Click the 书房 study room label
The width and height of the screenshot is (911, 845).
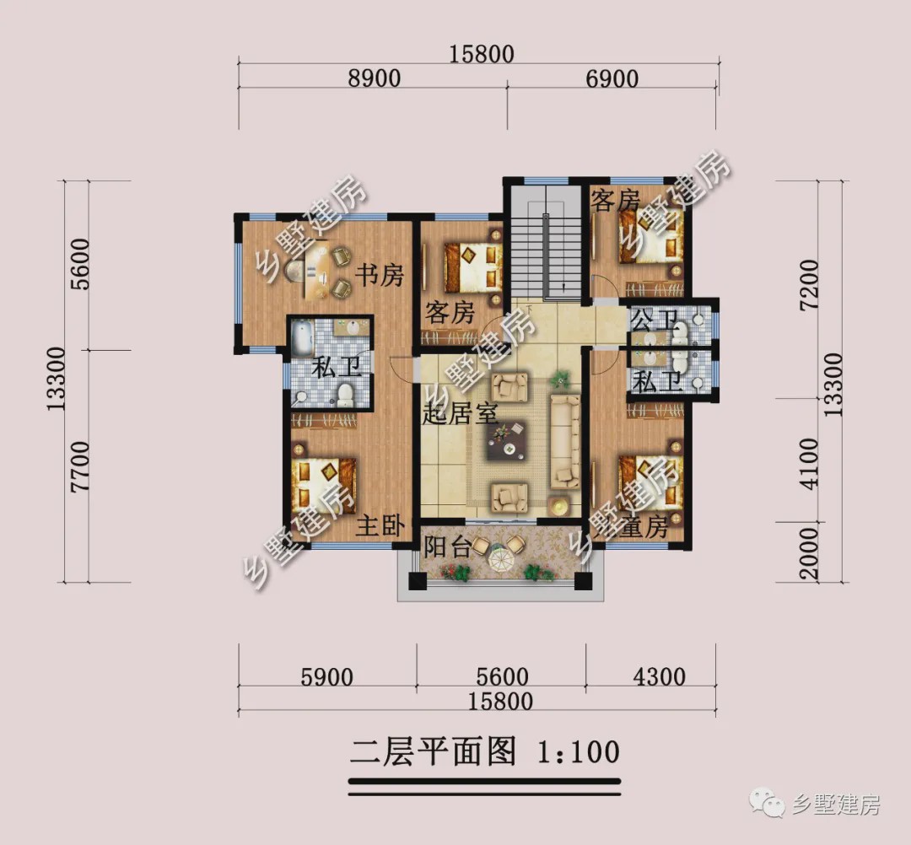[379, 275]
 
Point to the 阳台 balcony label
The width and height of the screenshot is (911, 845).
[446, 546]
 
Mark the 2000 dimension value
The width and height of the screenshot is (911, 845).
[809, 553]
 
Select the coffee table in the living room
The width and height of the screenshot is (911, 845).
[509, 439]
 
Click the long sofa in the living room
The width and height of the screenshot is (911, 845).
[565, 440]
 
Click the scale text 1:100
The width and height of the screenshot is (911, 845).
[578, 751]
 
